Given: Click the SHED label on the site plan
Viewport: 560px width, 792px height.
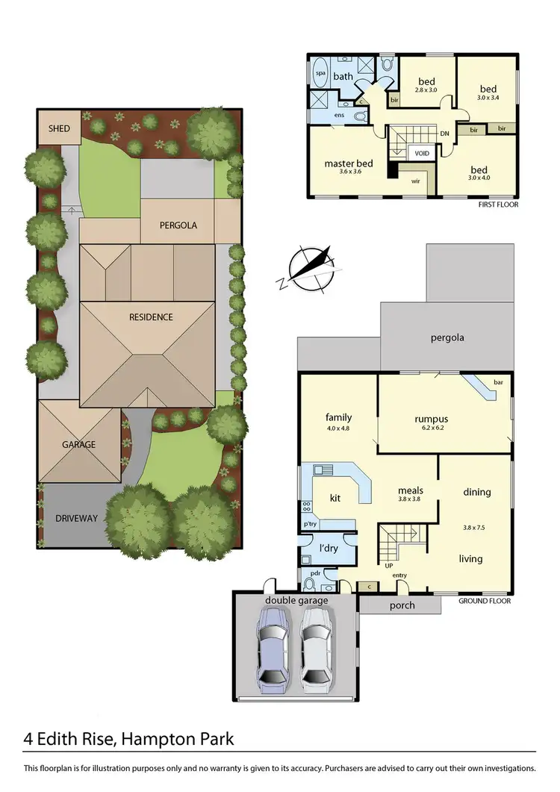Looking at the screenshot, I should tap(59, 128).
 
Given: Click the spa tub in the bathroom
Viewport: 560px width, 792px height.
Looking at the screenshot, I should tap(320, 75).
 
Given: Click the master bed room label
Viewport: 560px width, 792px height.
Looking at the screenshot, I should tap(349, 164).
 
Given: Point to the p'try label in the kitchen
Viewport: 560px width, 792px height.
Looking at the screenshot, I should tap(308, 526).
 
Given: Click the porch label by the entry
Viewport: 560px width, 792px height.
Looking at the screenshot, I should tap(402, 605).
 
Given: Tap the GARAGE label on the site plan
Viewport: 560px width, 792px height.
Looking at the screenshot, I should tap(78, 444).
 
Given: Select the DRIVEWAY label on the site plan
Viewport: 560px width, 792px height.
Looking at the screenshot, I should tap(77, 518).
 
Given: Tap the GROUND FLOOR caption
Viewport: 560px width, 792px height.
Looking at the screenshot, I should tap(485, 601).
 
